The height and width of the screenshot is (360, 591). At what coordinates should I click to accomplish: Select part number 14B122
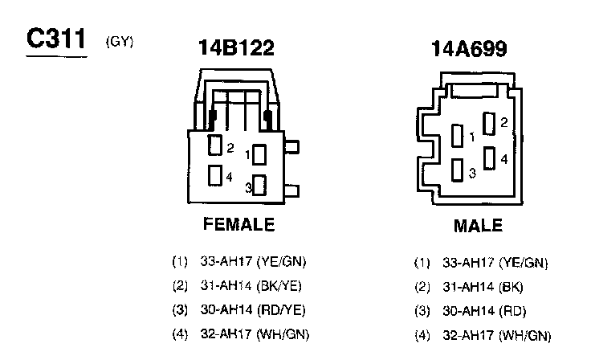[236, 49]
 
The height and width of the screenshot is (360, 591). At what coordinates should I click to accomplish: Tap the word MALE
[478, 225]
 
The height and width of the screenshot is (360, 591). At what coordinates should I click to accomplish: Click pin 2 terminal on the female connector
[214, 145]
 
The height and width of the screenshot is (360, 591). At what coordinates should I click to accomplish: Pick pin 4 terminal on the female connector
[214, 174]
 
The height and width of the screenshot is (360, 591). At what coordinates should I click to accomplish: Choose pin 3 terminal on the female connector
[259, 186]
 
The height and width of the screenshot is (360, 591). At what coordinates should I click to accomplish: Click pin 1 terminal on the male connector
[458, 136]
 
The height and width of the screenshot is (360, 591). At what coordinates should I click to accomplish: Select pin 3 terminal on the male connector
[458, 170]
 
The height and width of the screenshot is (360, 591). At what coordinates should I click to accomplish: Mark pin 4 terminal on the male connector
[488, 157]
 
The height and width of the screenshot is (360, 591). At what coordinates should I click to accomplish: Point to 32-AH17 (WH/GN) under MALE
[496, 336]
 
